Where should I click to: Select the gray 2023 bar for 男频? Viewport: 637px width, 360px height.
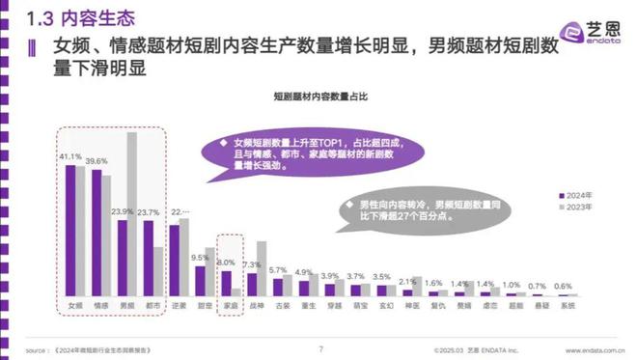[132, 213]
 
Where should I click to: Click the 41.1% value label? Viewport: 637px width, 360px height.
[69, 155]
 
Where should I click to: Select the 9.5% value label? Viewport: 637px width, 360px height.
[200, 258]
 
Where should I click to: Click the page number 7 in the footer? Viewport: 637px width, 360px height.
[319, 348]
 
